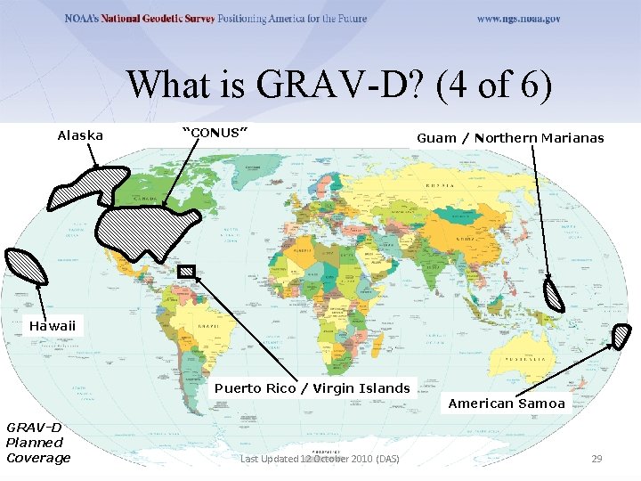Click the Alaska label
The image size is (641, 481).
coord(80,136)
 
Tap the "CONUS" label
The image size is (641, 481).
coord(215,133)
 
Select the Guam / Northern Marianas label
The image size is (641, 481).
coord(510,138)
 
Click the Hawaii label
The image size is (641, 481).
coord(53,326)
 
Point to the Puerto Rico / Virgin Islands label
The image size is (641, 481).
coord(312,387)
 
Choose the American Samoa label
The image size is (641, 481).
coord(506,404)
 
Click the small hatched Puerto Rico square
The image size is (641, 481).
coord(186,272)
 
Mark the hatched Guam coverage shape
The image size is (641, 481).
coord(555,295)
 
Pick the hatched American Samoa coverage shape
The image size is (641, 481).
coord(621,338)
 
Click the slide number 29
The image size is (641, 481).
coord(597,459)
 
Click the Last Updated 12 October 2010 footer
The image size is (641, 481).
coord(320,459)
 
